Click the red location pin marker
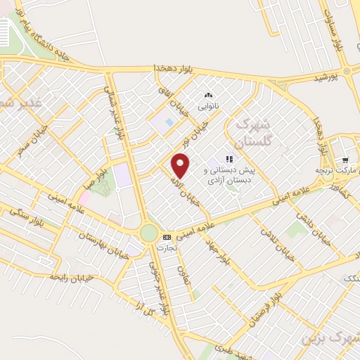(181, 164)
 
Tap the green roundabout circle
(149, 233)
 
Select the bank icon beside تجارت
(167, 237)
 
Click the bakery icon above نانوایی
(207, 96)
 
